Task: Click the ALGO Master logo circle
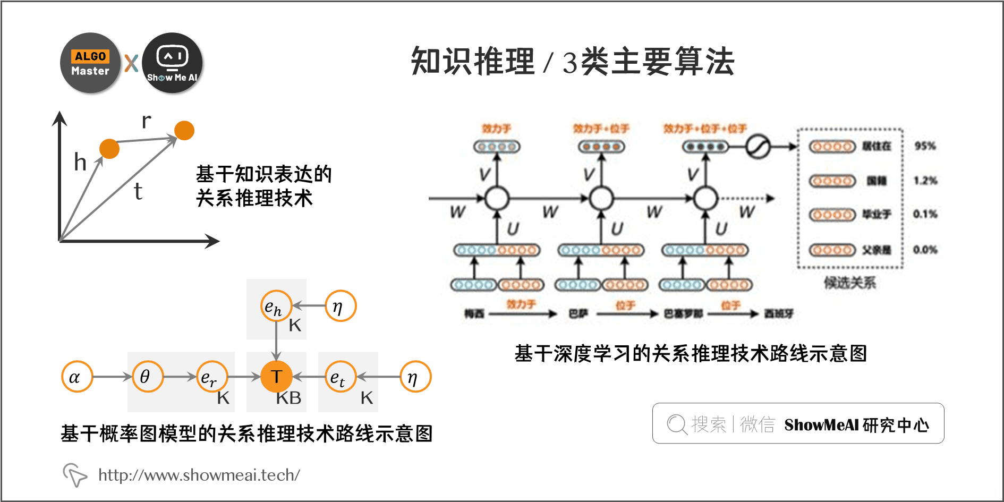coord(90,63)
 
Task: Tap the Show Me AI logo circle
coord(172,63)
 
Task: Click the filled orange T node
coord(276,377)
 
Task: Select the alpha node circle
coord(77,377)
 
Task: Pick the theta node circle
coord(147,377)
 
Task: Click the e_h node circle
coord(276,306)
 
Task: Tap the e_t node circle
coord(340,377)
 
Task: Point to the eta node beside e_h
coord(340,306)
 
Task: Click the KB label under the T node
coord(288,398)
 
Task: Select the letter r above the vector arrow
coord(147,121)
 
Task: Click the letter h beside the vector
coord(80,162)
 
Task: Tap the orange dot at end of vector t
coord(184,130)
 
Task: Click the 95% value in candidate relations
coord(925,146)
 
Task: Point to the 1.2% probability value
coord(925,181)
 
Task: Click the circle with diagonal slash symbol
coord(758,146)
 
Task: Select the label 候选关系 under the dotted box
coord(849,283)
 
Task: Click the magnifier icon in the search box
coord(677,424)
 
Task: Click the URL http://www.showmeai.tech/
coord(199,475)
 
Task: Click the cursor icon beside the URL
coord(74,474)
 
